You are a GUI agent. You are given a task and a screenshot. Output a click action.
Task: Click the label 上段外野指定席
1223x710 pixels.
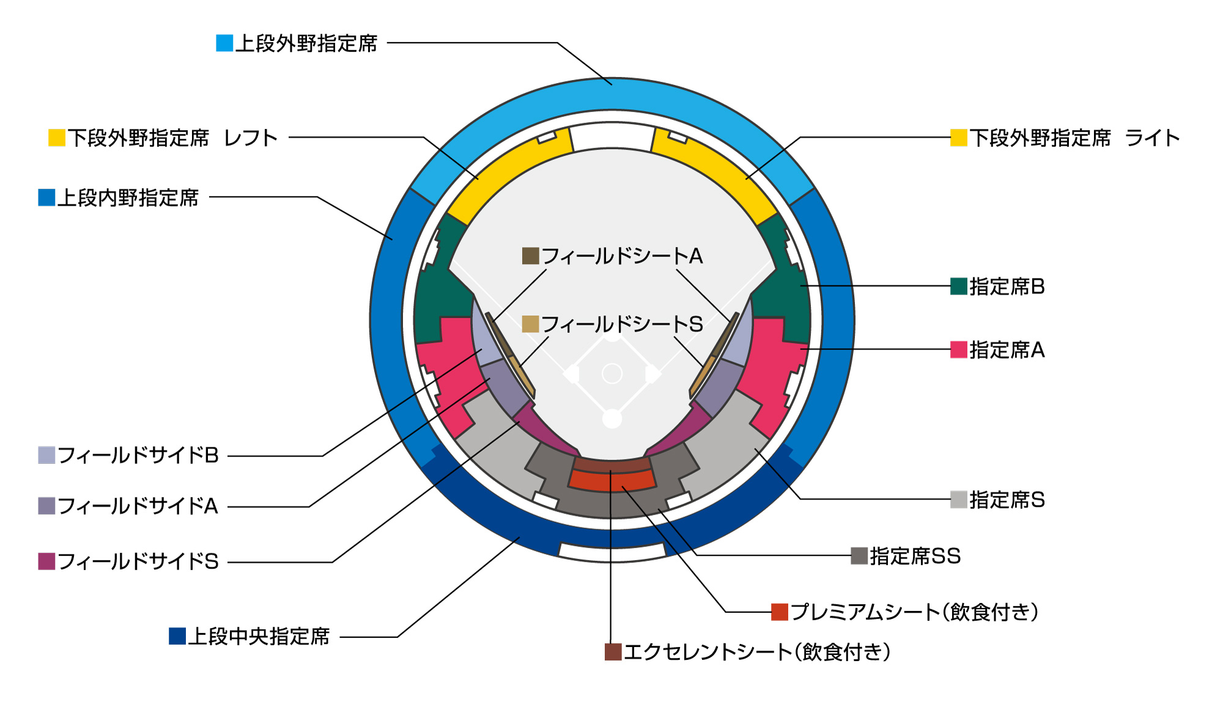tap(306, 43)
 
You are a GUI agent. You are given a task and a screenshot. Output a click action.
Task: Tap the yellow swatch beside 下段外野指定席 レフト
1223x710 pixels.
tap(57, 137)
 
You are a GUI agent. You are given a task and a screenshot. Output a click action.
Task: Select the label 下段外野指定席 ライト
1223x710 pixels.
tap(1074, 138)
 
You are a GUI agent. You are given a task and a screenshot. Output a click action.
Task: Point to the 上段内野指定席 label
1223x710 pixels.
tap(128, 198)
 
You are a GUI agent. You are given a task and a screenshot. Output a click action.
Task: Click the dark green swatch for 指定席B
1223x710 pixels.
tap(958, 286)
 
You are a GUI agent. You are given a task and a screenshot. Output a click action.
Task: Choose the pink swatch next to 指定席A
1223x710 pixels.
tap(958, 350)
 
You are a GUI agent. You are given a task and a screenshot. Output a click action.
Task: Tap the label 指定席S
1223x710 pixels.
tap(1007, 500)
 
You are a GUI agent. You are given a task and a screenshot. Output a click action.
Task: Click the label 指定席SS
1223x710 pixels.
tap(915, 556)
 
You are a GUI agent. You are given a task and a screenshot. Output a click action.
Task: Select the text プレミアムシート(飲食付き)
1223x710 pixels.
tap(914, 612)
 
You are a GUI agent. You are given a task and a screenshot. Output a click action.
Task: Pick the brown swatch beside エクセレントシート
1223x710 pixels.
tap(613, 652)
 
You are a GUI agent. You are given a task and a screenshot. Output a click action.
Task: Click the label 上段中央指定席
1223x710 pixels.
tap(258, 637)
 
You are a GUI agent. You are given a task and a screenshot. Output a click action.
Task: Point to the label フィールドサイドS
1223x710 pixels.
tap(138, 562)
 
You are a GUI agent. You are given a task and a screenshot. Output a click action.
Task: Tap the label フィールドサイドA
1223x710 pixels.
tap(138, 506)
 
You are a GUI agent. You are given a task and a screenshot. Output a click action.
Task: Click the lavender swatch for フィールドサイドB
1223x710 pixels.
tap(46, 455)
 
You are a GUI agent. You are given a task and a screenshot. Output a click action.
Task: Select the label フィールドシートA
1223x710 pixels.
tap(622, 256)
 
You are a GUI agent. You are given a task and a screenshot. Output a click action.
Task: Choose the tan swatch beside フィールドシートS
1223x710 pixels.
tap(530, 324)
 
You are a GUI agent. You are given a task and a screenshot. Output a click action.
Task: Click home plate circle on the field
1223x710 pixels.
tap(611, 419)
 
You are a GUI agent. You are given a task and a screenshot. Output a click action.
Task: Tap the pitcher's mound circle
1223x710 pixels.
tap(611, 373)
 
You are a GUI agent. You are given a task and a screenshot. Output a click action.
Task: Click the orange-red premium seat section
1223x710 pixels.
tap(611, 481)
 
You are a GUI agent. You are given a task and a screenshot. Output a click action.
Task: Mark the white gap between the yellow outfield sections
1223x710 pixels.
tap(611, 136)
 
